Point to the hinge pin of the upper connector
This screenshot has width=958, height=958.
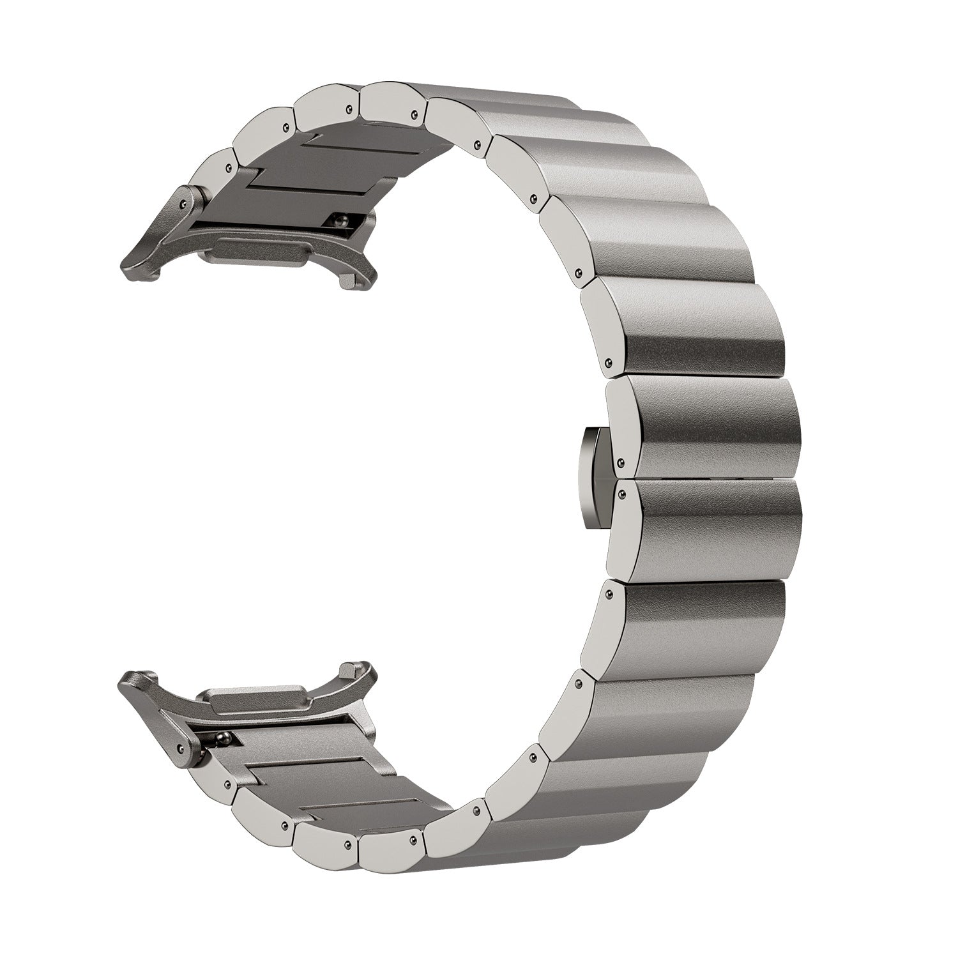click(183, 202)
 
